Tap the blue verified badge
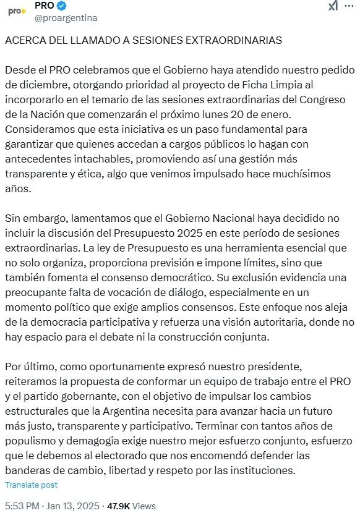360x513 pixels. point(61,6)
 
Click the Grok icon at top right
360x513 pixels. point(332,6)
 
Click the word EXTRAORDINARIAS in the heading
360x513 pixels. point(229,40)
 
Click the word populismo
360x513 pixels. point(31,440)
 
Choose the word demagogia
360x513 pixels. point(103,440)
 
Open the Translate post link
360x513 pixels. point(31,485)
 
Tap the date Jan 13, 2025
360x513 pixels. point(70,506)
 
